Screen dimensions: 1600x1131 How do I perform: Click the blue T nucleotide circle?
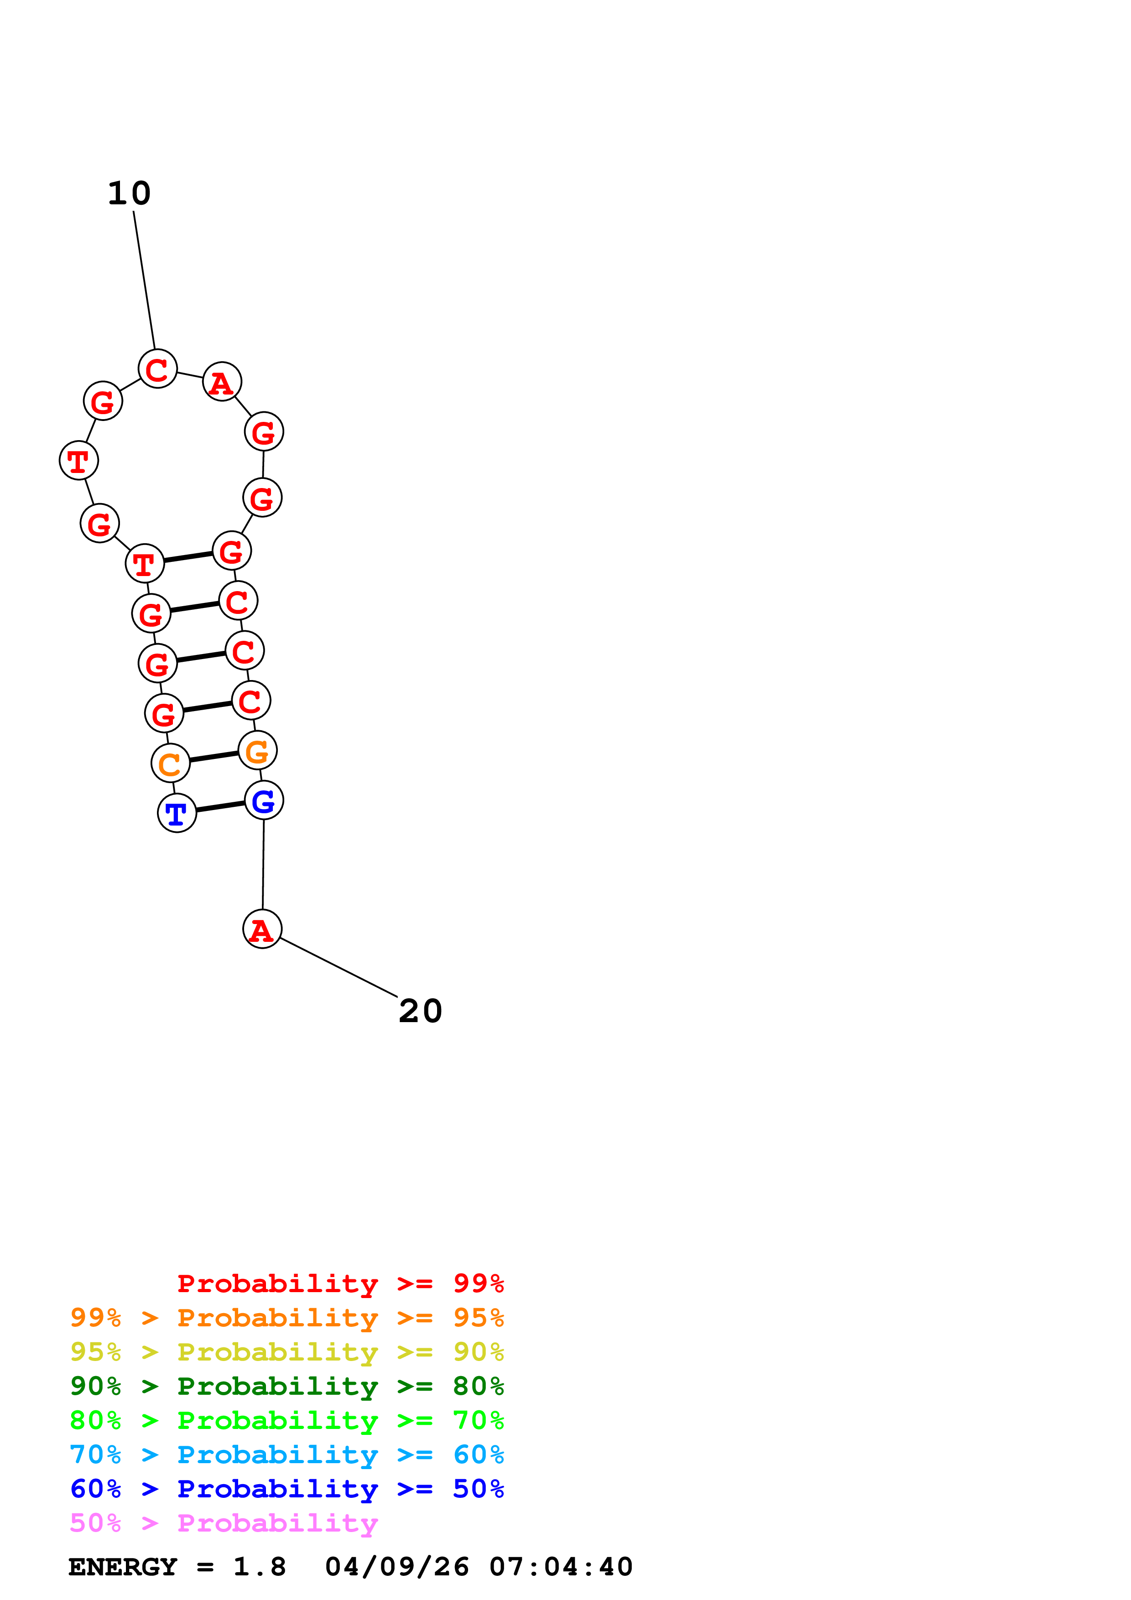coord(177,813)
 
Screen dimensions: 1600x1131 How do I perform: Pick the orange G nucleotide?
coord(257,751)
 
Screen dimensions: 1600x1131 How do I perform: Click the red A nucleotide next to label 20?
coord(262,929)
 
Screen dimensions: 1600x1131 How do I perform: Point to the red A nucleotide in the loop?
coord(222,382)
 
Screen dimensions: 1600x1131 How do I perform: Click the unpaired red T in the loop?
coord(79,461)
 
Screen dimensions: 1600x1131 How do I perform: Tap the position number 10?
coord(130,193)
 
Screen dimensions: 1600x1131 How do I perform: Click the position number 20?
coord(420,1011)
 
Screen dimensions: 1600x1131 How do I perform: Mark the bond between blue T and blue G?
coord(220,806)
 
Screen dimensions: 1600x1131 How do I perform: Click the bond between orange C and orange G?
coord(213,757)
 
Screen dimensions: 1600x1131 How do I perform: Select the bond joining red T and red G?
coord(188,557)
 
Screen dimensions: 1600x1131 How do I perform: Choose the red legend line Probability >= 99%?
coord(340,1283)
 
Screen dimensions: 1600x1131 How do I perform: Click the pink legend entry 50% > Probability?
coord(224,1523)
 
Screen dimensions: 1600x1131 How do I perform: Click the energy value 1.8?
coord(259,1567)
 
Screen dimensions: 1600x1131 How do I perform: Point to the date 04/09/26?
coord(396,1567)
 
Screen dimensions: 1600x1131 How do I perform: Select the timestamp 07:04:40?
coord(561,1567)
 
